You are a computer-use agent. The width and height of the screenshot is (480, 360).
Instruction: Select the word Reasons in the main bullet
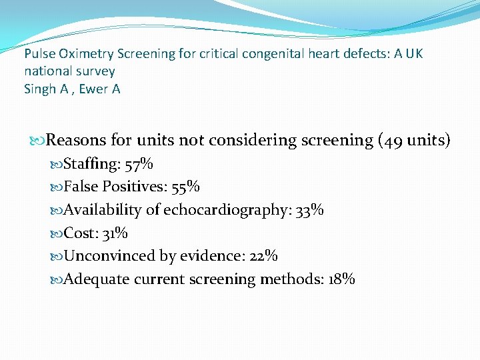click(x=75, y=141)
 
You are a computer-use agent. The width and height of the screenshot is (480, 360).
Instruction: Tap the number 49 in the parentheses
click(x=394, y=141)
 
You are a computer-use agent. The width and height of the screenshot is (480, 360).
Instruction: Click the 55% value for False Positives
click(x=186, y=187)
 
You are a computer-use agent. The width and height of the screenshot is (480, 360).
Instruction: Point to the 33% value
click(x=310, y=211)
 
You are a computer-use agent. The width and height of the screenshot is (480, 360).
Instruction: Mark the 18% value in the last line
click(x=341, y=279)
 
